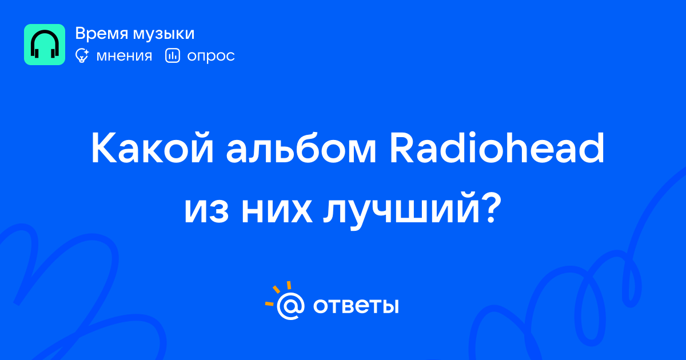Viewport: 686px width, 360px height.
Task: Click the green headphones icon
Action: (45, 45)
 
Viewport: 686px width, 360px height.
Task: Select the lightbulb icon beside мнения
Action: (82, 55)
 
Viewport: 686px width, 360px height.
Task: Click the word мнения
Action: (124, 56)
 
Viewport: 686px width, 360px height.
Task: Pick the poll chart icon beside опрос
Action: (173, 55)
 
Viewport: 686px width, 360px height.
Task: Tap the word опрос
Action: (211, 57)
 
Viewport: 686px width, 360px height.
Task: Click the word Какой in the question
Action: (152, 148)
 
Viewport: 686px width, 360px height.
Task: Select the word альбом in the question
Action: (301, 148)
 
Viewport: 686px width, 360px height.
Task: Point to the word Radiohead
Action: (497, 148)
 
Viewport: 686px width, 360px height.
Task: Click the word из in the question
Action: (206, 211)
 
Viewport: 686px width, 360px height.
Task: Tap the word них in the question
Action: (277, 211)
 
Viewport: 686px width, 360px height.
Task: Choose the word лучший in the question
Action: (401, 212)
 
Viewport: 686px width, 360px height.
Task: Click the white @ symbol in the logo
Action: (290, 306)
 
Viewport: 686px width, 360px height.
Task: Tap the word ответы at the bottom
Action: (356, 306)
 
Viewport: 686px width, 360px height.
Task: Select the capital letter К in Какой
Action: (104, 148)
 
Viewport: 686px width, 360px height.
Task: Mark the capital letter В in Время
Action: (81, 34)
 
